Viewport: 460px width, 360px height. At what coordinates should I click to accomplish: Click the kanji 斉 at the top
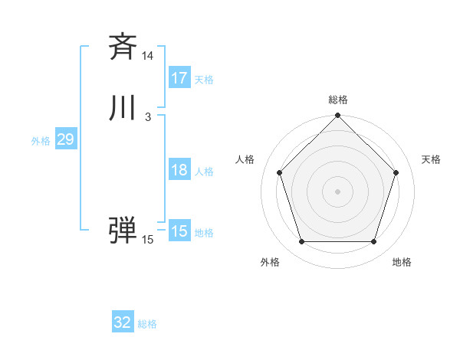pyautogui.click(x=123, y=47)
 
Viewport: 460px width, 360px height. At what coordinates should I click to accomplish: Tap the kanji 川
pyautogui.click(x=123, y=109)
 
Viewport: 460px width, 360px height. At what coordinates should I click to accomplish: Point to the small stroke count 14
pyautogui.click(x=147, y=56)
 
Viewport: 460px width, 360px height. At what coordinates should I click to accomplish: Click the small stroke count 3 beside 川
pyautogui.click(x=147, y=117)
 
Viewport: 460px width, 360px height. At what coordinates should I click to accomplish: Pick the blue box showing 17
pyautogui.click(x=179, y=78)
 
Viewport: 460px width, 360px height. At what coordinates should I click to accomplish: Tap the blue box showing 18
pyautogui.click(x=179, y=170)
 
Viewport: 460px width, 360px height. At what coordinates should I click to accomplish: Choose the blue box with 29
pyautogui.click(x=65, y=139)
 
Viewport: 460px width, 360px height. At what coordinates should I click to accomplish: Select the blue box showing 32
pyautogui.click(x=123, y=322)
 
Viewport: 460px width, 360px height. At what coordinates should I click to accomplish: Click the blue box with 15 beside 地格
pyautogui.click(x=179, y=231)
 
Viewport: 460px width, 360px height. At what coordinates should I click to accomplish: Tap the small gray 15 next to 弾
pyautogui.click(x=147, y=241)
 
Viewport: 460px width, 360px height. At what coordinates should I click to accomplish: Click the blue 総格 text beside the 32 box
pyautogui.click(x=147, y=324)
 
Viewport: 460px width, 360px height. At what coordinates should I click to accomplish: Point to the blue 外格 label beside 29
pyautogui.click(x=41, y=141)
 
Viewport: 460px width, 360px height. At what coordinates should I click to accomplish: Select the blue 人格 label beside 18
pyautogui.click(x=205, y=172)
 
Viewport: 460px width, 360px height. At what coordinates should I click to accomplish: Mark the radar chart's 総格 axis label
pyautogui.click(x=338, y=100)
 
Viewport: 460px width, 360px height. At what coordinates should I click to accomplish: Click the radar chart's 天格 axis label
pyautogui.click(x=432, y=159)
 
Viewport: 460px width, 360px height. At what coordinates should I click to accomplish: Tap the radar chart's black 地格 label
pyautogui.click(x=402, y=262)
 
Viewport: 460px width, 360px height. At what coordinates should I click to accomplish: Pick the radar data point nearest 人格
pyautogui.click(x=279, y=172)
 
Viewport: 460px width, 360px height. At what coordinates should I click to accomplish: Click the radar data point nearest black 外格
pyautogui.click(x=301, y=242)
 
